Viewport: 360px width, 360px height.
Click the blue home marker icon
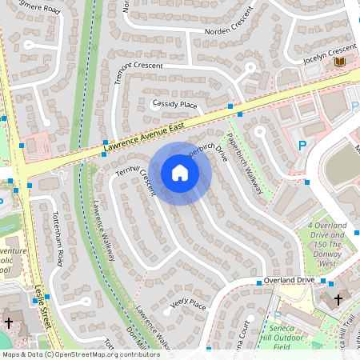point(180,173)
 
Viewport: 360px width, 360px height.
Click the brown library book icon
point(340,62)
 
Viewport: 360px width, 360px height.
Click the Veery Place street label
point(189,305)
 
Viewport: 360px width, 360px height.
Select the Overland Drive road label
point(290,281)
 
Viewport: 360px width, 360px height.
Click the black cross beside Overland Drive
point(338,300)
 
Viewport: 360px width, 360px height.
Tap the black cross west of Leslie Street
point(9,323)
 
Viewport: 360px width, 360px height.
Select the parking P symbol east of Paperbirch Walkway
point(302,146)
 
